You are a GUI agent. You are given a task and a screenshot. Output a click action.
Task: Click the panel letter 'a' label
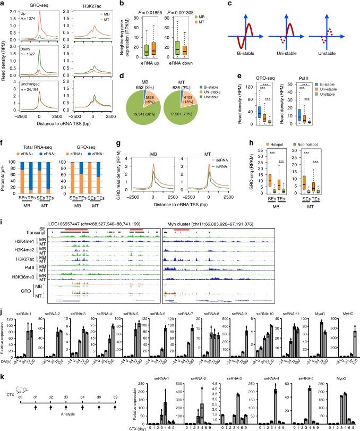click(3, 4)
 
